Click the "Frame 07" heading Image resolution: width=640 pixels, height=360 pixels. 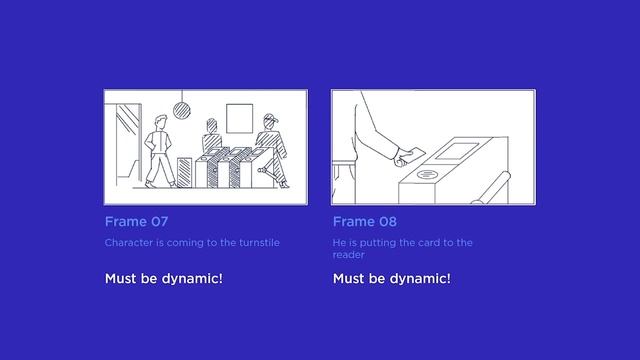136,222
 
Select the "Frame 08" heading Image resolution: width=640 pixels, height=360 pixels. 364,222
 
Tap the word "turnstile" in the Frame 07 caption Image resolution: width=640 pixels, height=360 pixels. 259,242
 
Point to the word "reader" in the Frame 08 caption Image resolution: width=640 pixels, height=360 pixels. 349,255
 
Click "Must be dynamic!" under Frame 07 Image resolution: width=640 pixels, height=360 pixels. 164,278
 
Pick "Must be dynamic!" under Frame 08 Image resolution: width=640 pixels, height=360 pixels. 392,278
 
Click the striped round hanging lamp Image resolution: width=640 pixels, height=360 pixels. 182,111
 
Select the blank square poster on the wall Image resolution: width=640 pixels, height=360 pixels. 240,118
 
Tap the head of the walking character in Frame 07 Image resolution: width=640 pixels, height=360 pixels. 161,122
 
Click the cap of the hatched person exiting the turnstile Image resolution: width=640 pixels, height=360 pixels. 271,118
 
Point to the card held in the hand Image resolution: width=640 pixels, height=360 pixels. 416,153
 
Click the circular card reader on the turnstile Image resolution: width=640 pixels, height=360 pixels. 427,175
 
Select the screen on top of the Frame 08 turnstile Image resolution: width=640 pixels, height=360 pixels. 457,151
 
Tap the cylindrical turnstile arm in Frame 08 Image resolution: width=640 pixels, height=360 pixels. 492,188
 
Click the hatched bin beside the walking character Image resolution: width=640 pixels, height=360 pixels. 184,173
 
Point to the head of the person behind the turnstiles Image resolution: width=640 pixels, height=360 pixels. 211,126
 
